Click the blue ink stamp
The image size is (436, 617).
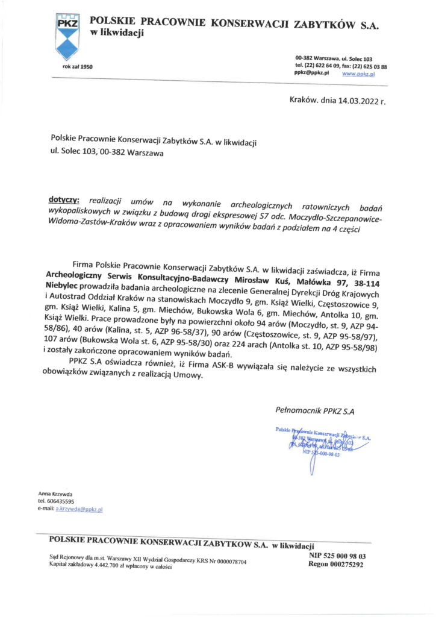322,443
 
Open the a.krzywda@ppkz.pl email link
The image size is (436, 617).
79,510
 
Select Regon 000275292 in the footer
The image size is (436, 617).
335,566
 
